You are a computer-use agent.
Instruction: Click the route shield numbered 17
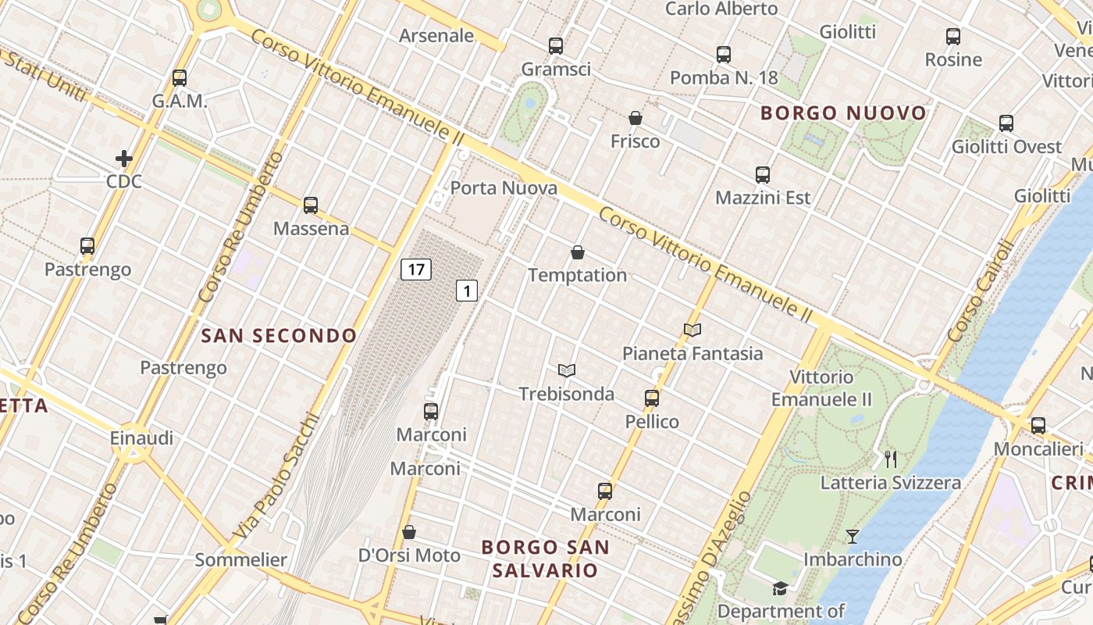point(416,270)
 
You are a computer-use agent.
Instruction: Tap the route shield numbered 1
point(466,291)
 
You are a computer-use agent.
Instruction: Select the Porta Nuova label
point(504,188)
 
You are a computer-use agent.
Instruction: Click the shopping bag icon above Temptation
point(578,252)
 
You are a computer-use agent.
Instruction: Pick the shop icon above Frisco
point(636,118)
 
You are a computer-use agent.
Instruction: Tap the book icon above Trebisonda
point(567,370)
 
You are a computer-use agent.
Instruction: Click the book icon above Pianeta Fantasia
point(692,330)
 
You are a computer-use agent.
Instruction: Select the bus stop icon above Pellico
point(652,398)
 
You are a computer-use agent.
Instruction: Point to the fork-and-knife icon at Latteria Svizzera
point(891,459)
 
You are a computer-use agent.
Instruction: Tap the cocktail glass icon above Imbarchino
point(852,537)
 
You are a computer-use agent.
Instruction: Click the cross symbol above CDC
point(124,159)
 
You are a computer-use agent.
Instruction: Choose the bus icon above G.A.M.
point(180,78)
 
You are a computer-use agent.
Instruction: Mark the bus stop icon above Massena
point(311,205)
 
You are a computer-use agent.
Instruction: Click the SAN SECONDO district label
point(279,336)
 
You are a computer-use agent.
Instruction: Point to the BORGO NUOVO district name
point(843,113)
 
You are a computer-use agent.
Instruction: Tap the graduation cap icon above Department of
point(780,588)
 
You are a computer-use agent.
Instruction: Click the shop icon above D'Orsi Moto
point(409,532)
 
